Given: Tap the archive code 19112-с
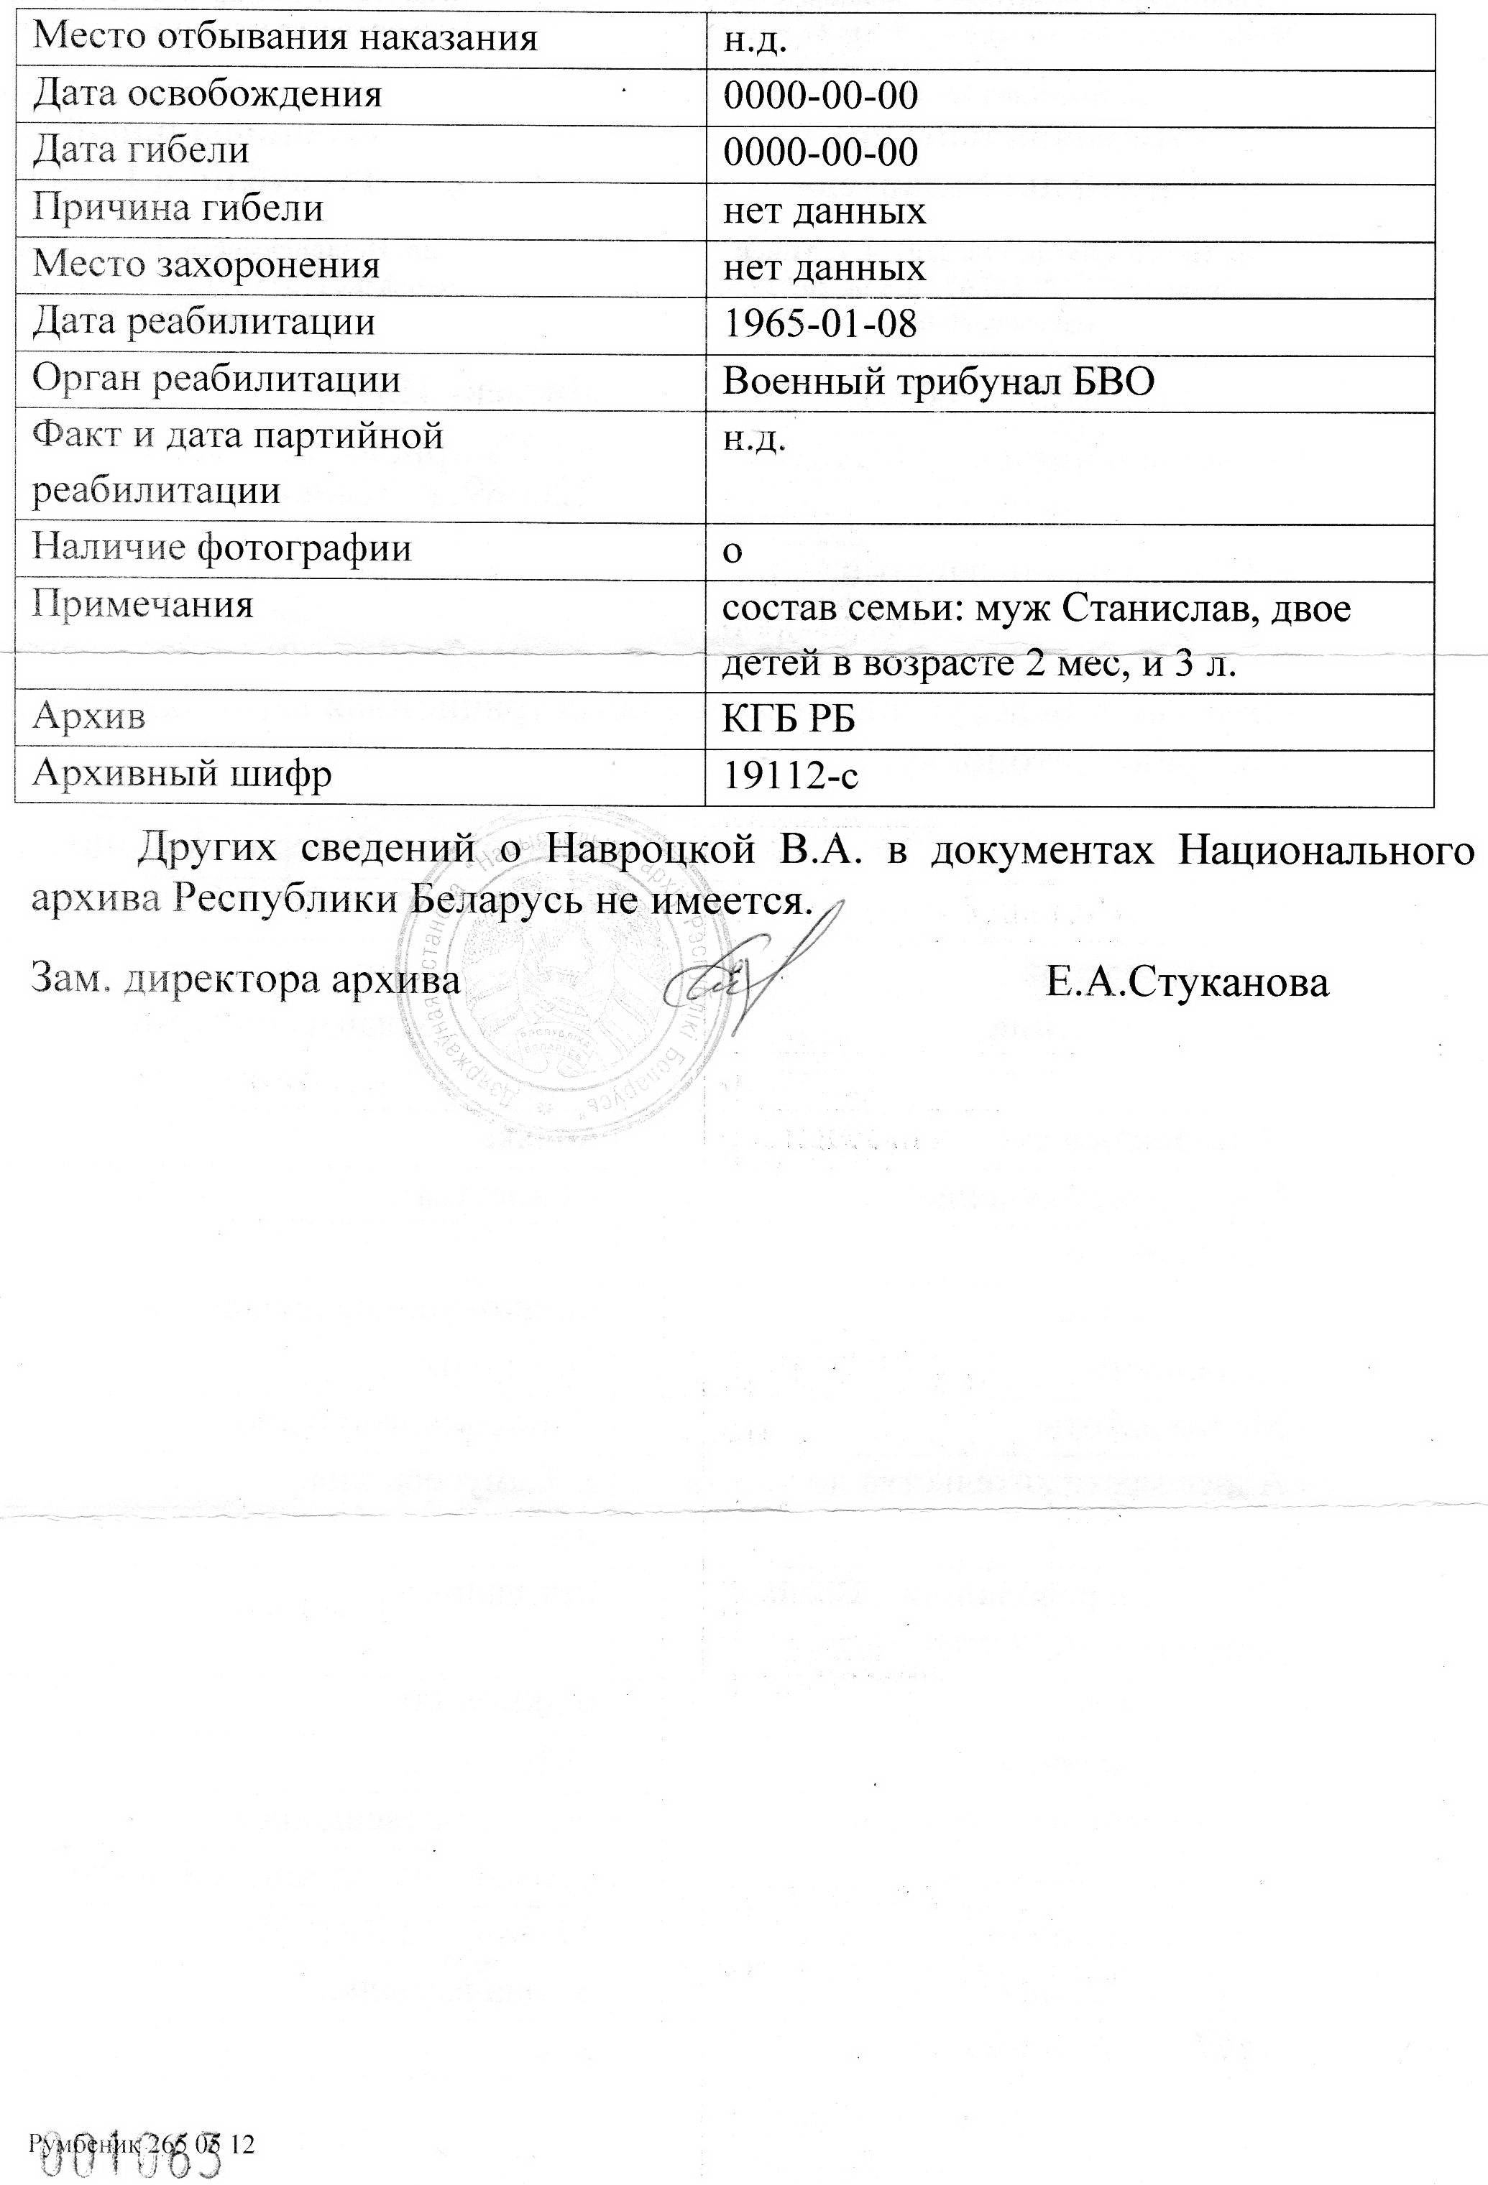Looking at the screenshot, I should (x=790, y=777).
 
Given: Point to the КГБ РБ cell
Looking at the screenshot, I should (x=788, y=720).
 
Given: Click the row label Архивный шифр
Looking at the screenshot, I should (x=182, y=775).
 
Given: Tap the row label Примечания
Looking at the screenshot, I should (x=143, y=604).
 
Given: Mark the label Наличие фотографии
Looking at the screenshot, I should (x=222, y=548).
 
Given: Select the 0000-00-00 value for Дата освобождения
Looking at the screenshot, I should (x=820, y=96).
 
